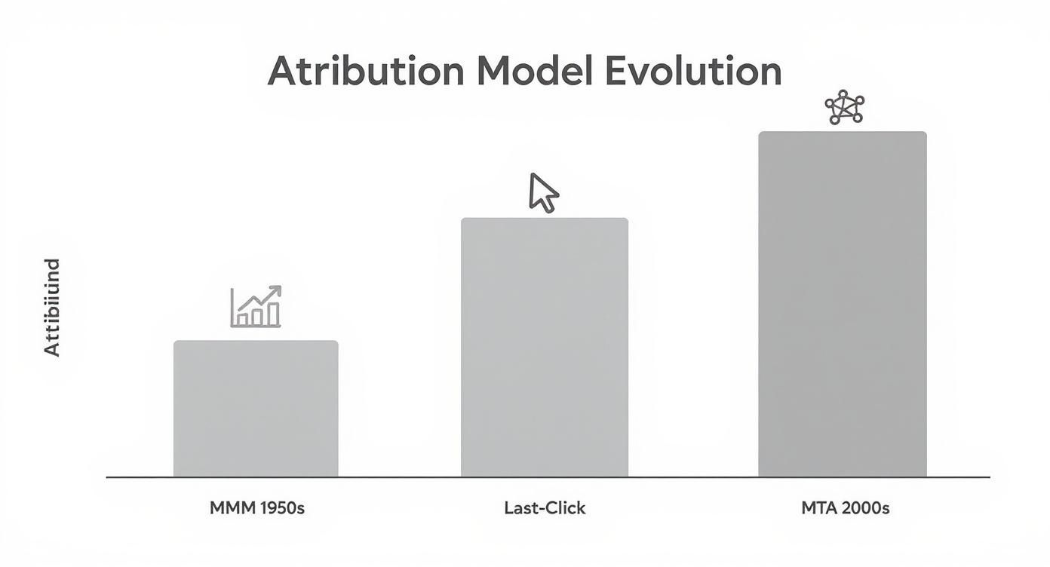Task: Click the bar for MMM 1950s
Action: click(x=256, y=409)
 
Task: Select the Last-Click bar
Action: click(x=545, y=348)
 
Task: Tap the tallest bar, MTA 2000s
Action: click(x=843, y=305)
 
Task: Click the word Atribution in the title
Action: click(x=365, y=72)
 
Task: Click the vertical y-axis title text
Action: click(x=51, y=307)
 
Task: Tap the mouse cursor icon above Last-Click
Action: click(x=543, y=192)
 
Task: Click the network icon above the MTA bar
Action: click(x=844, y=108)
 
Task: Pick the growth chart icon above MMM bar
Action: click(x=256, y=307)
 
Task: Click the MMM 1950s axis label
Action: click(x=256, y=508)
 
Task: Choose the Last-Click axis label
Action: click(x=545, y=508)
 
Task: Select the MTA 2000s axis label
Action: click(x=845, y=508)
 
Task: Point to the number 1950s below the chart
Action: click(x=281, y=508)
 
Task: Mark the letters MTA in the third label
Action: click(x=818, y=508)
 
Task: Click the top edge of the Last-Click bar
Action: click(x=545, y=219)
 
